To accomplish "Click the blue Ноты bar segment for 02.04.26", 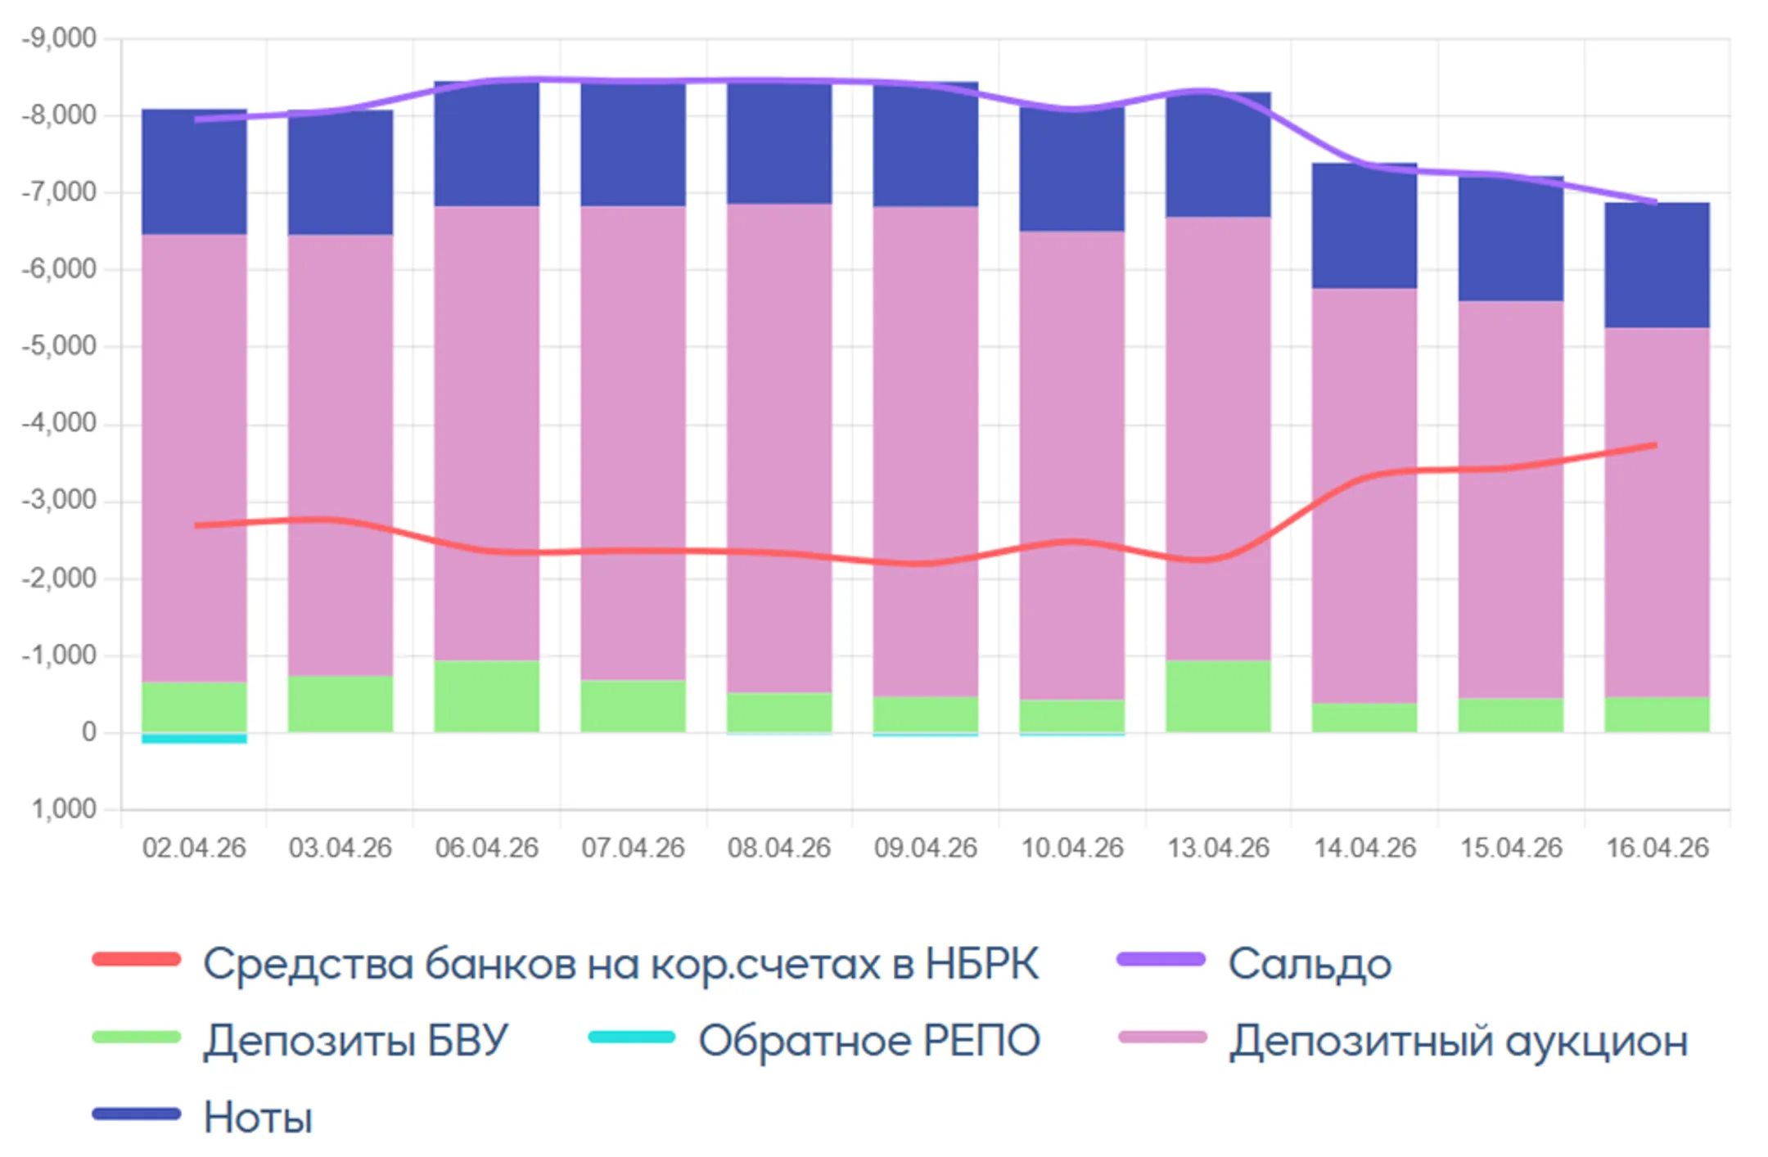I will [x=194, y=172].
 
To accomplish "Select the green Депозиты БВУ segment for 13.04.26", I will [x=1218, y=696].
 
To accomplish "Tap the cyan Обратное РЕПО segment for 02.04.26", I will [x=194, y=738].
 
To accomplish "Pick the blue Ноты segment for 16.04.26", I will [x=1657, y=265].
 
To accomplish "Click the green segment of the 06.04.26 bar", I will [x=486, y=696].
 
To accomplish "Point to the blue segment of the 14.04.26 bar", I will [x=1364, y=226].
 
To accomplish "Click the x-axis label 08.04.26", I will [x=779, y=848].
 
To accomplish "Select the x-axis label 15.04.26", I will [x=1511, y=848].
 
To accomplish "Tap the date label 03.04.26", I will [x=341, y=848].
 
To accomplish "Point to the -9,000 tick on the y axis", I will [x=59, y=38].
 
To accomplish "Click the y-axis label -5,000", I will [x=59, y=346].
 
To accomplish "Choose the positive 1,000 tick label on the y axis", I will [x=64, y=809].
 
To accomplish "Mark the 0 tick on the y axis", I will [x=88, y=732].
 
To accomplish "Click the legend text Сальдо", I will [x=1309, y=964].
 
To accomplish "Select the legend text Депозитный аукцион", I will [x=1459, y=1041].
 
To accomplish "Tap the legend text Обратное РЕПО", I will [x=869, y=1041].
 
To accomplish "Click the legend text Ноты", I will [x=258, y=1118].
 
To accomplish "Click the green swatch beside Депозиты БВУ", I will [x=137, y=1037].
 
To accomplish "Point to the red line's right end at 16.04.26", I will [x=1655, y=445].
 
